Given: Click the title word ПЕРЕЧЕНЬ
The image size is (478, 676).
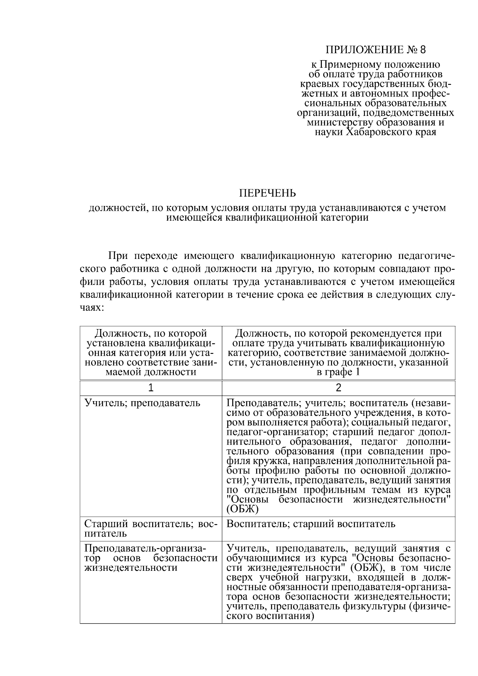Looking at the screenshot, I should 267,194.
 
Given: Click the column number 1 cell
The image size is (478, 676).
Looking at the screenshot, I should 151,388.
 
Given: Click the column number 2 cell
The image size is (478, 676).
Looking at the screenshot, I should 339,388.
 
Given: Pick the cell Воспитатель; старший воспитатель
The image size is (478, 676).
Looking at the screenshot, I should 311,523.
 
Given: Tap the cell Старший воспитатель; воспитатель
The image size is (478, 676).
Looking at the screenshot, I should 151,528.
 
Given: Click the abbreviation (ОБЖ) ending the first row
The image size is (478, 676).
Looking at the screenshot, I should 243,509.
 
